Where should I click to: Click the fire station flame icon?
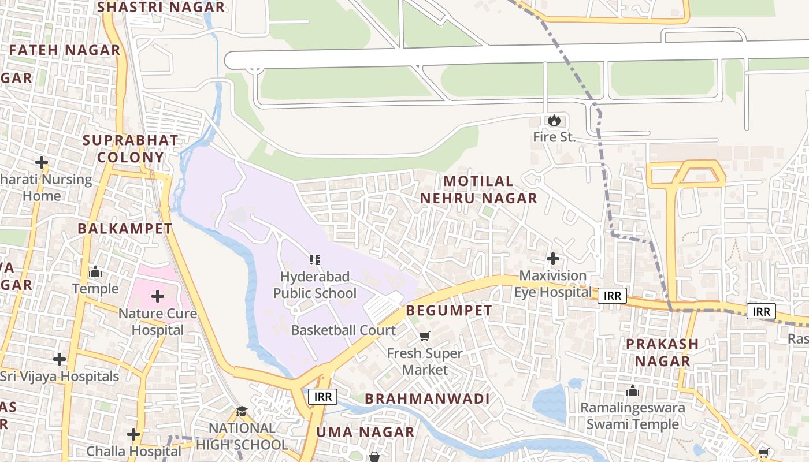pyautogui.click(x=554, y=120)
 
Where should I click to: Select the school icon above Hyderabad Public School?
pyautogui.click(x=314, y=259)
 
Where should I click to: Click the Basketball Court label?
pyautogui.click(x=343, y=330)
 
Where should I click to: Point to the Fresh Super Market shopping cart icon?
pyautogui.click(x=425, y=336)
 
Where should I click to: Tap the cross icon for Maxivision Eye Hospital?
pyautogui.click(x=553, y=258)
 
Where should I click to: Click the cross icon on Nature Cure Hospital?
pyautogui.click(x=158, y=297)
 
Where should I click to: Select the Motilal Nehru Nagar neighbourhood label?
pyautogui.click(x=478, y=189)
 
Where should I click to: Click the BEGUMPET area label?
pyautogui.click(x=449, y=311)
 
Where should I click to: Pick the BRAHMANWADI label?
pyautogui.click(x=427, y=398)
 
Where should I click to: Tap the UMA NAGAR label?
pyautogui.click(x=365, y=432)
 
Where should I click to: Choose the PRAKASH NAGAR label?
pyautogui.click(x=662, y=352)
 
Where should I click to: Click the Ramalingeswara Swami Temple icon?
pyautogui.click(x=633, y=391)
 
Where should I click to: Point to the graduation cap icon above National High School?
pyautogui.click(x=242, y=411)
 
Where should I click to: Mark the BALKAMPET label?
pyautogui.click(x=125, y=229)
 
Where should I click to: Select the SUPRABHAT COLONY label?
pyautogui.click(x=131, y=148)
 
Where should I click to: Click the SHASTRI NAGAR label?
pyautogui.click(x=161, y=8)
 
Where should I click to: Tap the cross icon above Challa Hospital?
pyautogui.click(x=133, y=434)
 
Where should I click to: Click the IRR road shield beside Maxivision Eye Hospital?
pyautogui.click(x=612, y=296)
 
